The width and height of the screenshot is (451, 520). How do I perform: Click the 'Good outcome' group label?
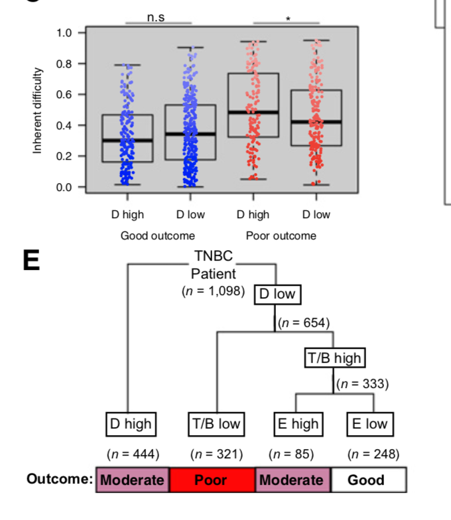tap(158, 235)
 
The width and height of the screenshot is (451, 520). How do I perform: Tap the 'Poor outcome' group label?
tap(281, 235)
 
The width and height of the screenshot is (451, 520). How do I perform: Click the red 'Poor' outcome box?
tap(212, 480)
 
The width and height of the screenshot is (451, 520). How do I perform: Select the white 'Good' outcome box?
tap(366, 480)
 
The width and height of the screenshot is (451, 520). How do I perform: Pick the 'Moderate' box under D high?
tap(133, 480)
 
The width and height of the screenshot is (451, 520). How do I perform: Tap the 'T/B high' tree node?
tap(334, 358)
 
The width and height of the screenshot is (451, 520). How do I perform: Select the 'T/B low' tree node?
tap(216, 423)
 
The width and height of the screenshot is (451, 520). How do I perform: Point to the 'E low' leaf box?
tap(369, 423)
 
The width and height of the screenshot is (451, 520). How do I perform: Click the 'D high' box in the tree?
tap(130, 423)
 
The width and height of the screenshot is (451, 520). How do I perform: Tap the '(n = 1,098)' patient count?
tap(213, 291)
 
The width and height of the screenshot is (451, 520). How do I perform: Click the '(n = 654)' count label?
tap(303, 323)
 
